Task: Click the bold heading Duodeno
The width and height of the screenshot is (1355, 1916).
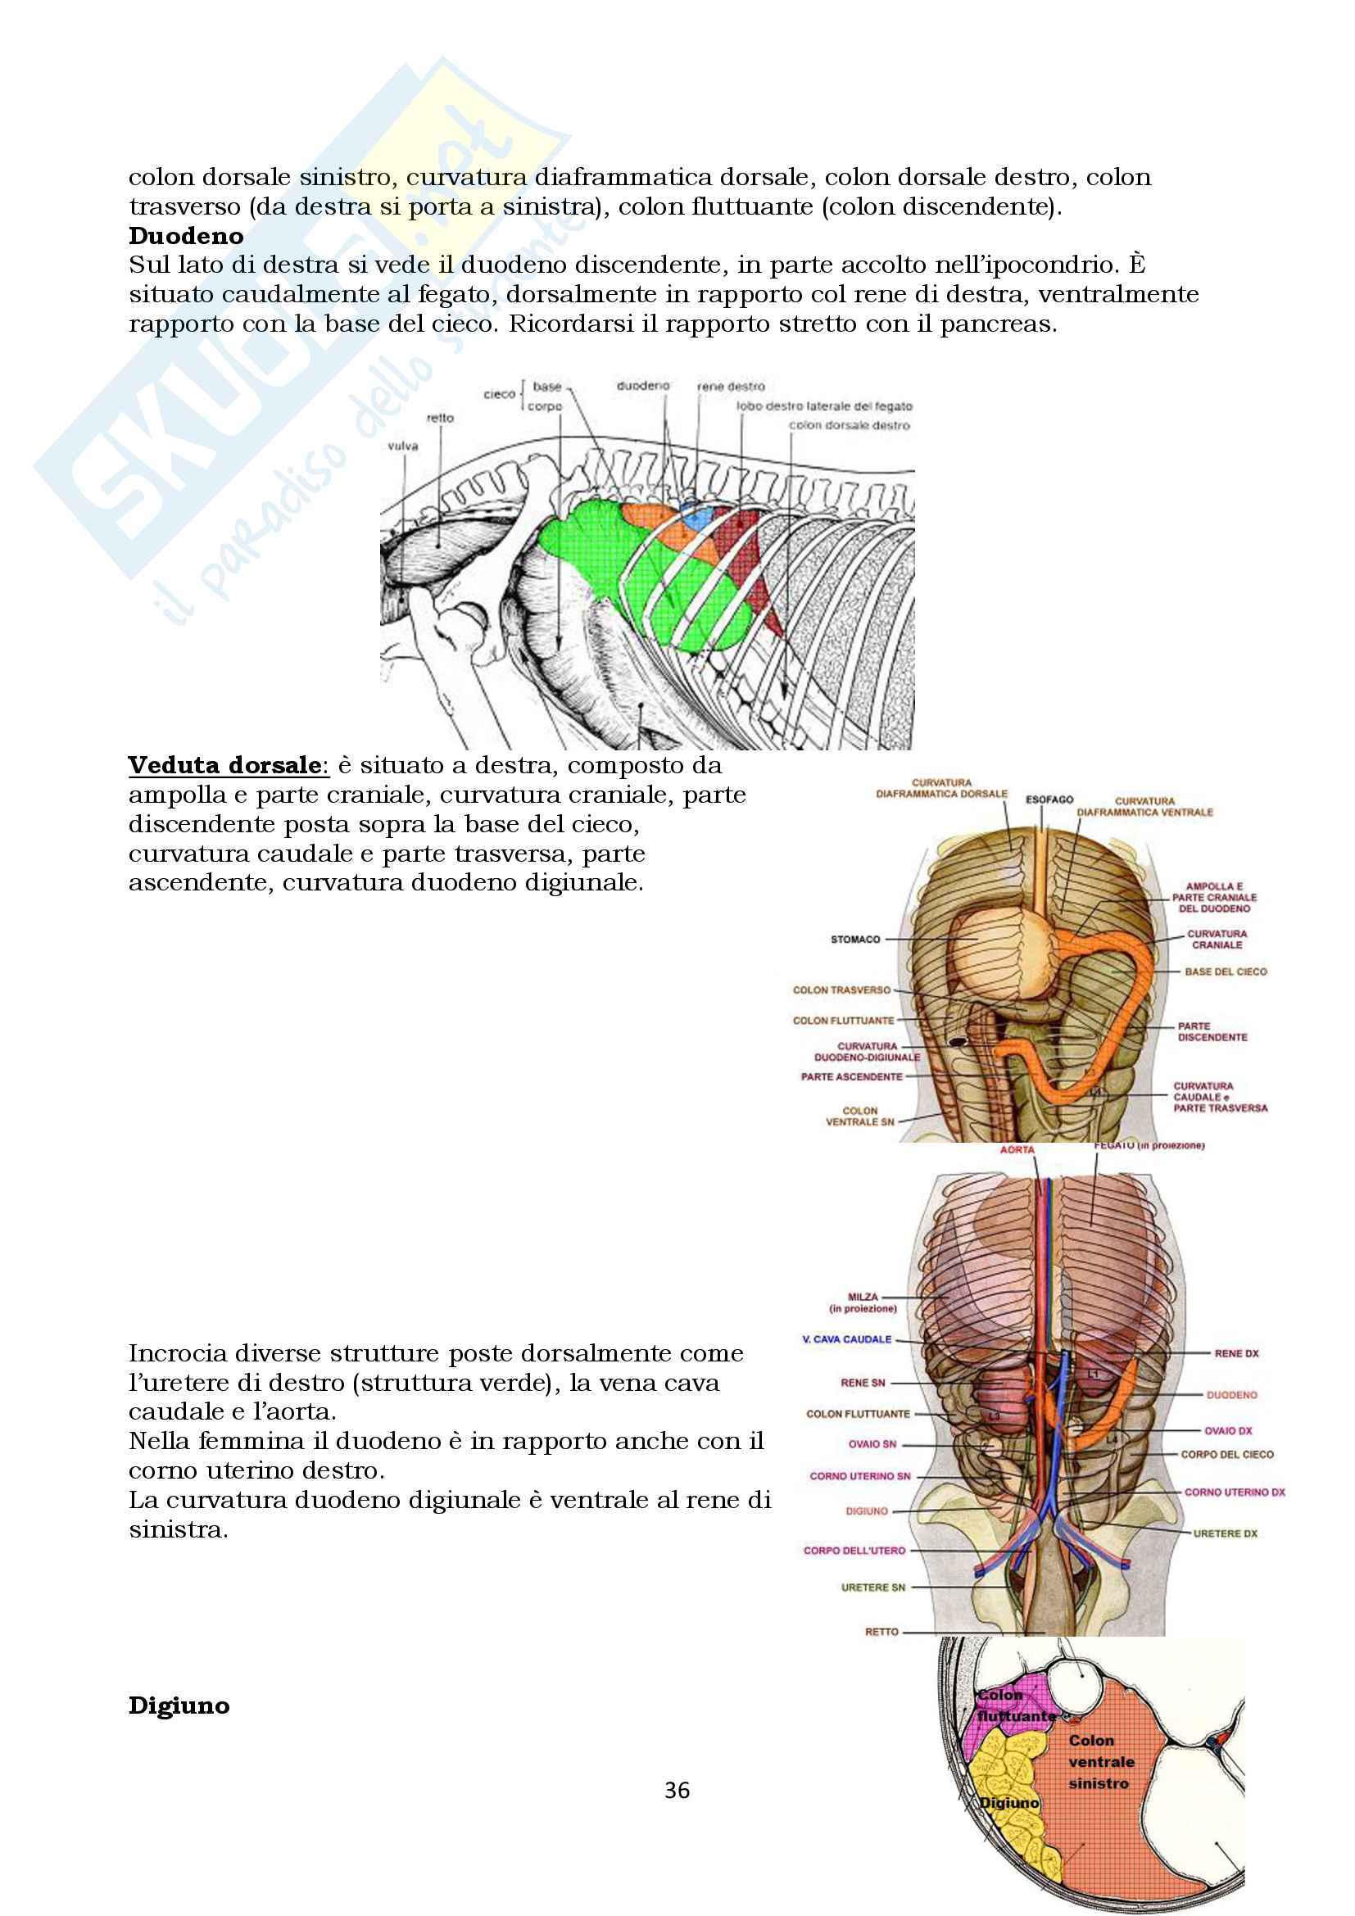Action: coord(185,236)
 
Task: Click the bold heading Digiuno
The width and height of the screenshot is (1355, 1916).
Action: coord(179,1705)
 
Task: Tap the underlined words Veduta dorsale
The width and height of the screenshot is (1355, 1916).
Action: coord(224,765)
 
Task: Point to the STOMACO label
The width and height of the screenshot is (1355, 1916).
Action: coord(855,940)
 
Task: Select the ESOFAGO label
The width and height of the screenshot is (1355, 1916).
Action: coord(1049,799)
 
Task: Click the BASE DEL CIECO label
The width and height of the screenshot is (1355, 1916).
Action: coord(1225,972)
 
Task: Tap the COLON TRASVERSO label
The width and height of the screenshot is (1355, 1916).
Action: coord(841,990)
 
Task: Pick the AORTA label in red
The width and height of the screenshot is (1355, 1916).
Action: coord(1017,1150)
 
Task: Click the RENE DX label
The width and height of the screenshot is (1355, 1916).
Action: coord(1235,1353)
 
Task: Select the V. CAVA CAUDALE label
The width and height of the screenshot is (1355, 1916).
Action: coord(846,1339)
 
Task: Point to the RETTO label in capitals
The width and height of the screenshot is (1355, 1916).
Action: coord(881,1632)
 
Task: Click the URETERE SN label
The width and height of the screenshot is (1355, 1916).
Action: coord(872,1588)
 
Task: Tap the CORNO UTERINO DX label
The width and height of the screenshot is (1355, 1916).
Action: coord(1234,1492)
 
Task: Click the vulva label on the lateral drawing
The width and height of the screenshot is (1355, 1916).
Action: coord(402,446)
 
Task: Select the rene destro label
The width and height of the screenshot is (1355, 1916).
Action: coord(730,387)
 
